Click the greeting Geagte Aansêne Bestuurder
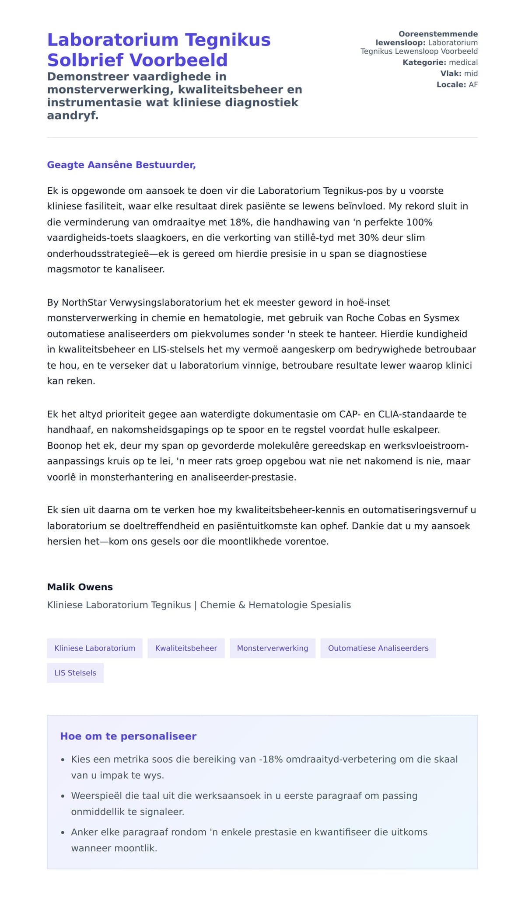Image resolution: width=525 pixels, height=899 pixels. [x=121, y=165]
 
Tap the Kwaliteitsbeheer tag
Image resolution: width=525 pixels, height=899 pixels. [x=186, y=648]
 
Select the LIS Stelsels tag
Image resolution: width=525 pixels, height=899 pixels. [x=75, y=673]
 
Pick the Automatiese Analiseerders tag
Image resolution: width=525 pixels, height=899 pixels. [x=378, y=648]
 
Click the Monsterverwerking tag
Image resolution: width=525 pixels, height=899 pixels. [x=272, y=648]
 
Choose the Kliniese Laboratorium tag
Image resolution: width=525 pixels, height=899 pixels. [x=94, y=648]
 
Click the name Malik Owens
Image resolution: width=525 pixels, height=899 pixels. [x=80, y=587]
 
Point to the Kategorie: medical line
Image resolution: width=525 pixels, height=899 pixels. [x=440, y=63]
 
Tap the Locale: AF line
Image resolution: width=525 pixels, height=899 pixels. [x=457, y=85]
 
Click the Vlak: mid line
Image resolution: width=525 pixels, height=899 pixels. [x=459, y=73]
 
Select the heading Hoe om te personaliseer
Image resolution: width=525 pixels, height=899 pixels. [x=128, y=736]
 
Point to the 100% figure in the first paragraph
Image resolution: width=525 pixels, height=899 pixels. [x=419, y=222]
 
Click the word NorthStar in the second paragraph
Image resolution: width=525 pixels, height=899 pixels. [x=84, y=303]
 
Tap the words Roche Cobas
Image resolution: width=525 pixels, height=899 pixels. [x=374, y=318]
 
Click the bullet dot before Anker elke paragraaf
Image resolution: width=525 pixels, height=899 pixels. [x=63, y=833]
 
